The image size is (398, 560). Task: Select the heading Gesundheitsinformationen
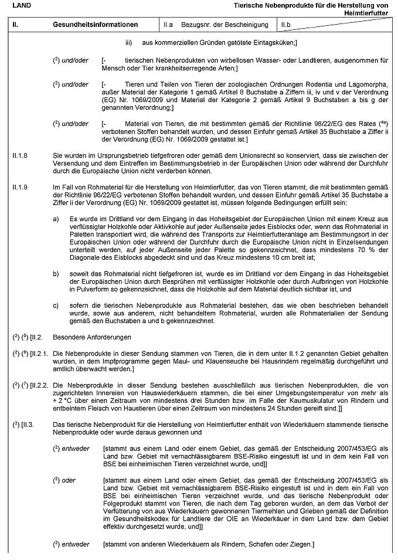tap(95, 25)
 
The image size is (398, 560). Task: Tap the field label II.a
tap(169, 25)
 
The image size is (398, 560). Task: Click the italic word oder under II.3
tap(69, 481)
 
